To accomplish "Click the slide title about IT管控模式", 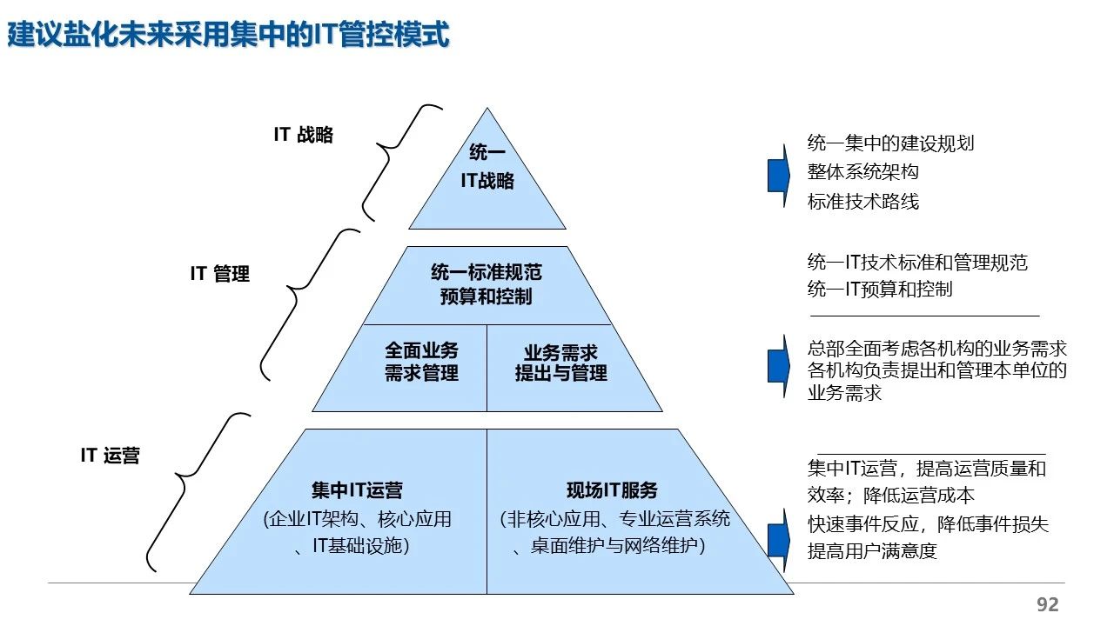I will (229, 35).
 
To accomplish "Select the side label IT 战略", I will (304, 135).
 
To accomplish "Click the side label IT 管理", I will (220, 274).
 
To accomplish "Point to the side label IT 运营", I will (111, 456).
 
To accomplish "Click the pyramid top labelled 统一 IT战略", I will (487, 167).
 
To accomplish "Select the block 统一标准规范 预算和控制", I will (486, 284).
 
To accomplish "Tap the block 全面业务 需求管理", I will (421, 363).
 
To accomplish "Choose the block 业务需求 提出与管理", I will (560, 363).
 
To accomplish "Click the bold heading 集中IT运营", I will (357, 491).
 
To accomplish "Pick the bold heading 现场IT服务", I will (612, 491).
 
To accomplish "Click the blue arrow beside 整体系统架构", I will (777, 174).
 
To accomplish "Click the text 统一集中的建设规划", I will (890, 143).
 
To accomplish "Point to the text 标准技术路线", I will (862, 202).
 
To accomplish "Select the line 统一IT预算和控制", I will (879, 290).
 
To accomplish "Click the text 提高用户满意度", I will (872, 551).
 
